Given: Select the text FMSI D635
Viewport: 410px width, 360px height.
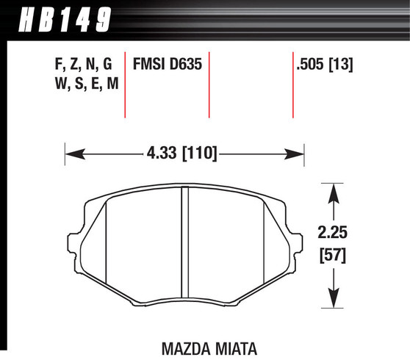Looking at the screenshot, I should [x=167, y=64].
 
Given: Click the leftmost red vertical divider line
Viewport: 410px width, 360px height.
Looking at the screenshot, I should [x=124, y=84].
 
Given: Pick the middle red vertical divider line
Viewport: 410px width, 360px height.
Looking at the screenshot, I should [x=209, y=84].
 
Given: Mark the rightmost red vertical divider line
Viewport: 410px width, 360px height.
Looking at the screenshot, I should [x=292, y=84].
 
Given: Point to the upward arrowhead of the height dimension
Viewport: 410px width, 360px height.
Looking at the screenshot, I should [x=334, y=193].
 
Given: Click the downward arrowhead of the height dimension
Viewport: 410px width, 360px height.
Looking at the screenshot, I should [x=334, y=298].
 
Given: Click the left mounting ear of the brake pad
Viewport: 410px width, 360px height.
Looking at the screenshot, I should [x=75, y=242].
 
